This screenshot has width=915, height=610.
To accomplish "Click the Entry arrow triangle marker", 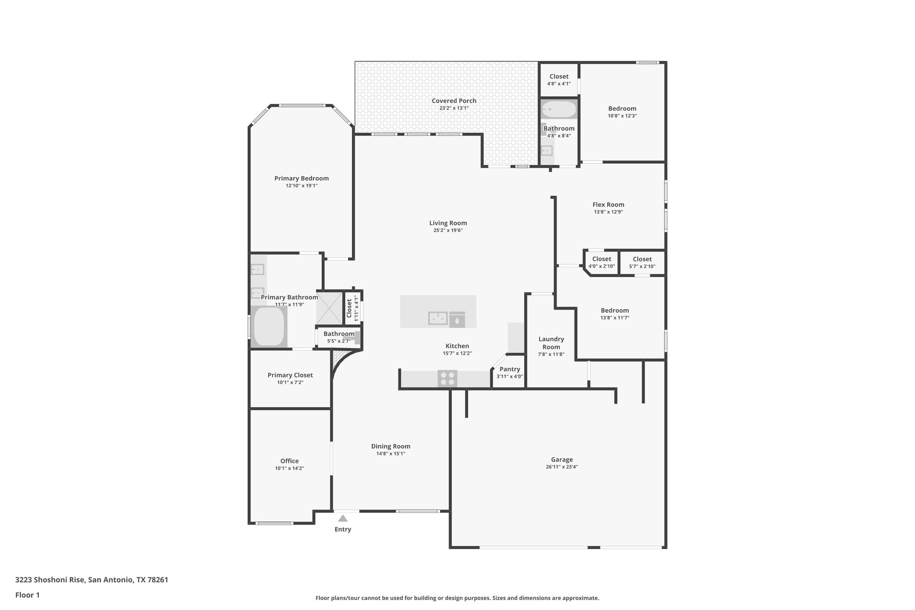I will (343, 518).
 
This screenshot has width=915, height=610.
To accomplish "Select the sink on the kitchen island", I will (438, 318).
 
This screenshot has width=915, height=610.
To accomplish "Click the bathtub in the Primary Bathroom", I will (269, 326).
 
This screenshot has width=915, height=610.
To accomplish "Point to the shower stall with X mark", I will (329, 307).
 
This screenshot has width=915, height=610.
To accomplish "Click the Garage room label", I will (562, 459).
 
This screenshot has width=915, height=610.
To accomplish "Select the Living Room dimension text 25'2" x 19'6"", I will (448, 231).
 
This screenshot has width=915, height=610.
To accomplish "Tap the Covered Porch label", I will (453, 101).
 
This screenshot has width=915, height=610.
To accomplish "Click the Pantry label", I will (510, 369).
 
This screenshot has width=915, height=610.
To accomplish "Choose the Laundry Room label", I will (551, 343).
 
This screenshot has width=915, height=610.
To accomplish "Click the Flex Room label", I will (608, 205).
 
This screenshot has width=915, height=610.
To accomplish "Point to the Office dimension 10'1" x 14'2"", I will (289, 468).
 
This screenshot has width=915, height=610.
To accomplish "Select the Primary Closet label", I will (290, 375).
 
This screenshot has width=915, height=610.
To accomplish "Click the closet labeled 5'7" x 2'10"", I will (642, 262).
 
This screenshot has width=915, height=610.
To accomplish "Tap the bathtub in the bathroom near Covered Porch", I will (558, 109).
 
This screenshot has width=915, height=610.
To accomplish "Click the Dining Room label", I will (390, 446).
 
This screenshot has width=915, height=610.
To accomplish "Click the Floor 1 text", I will (27, 595).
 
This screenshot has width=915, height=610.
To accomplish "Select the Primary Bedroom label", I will (301, 178).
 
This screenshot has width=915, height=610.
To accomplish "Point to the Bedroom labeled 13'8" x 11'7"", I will (615, 314).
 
